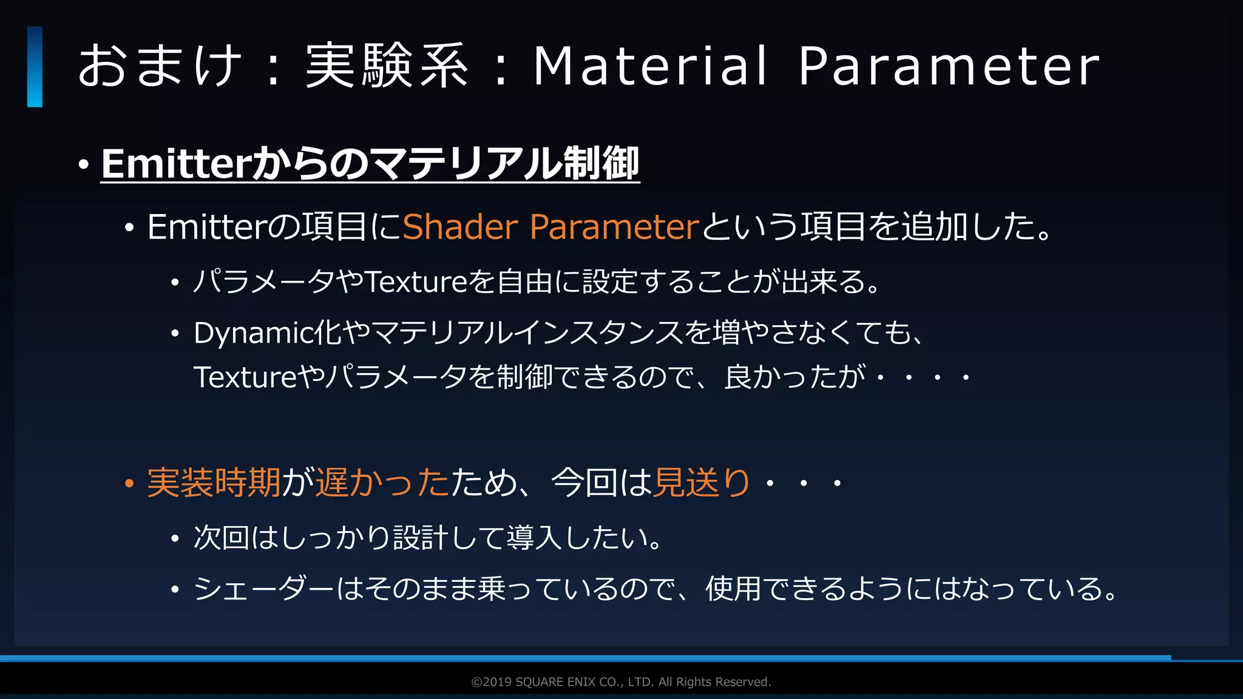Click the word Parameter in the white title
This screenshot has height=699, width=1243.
(x=949, y=66)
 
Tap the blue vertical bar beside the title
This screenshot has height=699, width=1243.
(x=35, y=67)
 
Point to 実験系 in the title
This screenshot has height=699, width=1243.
(x=387, y=66)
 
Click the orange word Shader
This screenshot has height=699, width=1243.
(x=460, y=227)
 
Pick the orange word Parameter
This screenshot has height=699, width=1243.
(x=614, y=227)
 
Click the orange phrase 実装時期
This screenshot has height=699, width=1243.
(x=214, y=483)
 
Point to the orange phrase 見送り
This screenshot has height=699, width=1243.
(x=702, y=483)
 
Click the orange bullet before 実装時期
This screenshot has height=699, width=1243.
(x=129, y=484)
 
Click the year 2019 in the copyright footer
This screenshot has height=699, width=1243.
(x=497, y=682)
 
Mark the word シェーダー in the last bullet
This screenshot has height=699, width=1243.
(x=263, y=589)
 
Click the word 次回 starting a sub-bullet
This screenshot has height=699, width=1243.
(x=221, y=538)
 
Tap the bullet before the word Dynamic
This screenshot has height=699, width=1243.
(x=175, y=333)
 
